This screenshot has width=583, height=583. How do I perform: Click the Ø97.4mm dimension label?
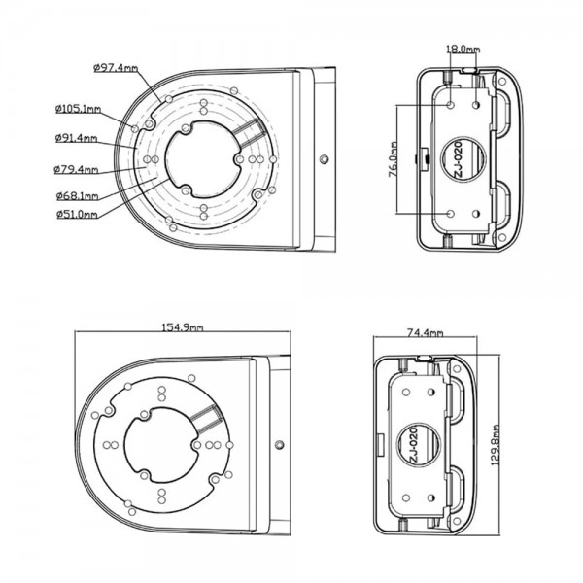pos(116,66)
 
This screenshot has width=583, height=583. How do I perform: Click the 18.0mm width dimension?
pos(463,49)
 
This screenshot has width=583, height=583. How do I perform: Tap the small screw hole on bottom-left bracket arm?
pos(280,446)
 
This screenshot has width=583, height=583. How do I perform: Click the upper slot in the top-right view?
pos(504,115)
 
